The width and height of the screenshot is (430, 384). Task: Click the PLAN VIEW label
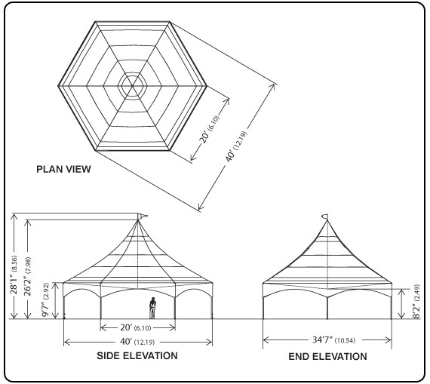click(63, 169)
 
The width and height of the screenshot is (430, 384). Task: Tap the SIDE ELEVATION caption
click(137, 356)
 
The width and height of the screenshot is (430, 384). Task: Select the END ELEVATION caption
click(327, 356)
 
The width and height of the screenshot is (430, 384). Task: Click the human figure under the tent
click(152, 308)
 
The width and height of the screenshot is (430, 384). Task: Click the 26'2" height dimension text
click(28, 285)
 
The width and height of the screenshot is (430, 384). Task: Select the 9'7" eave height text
click(45, 308)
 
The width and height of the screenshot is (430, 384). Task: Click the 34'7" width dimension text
click(323, 339)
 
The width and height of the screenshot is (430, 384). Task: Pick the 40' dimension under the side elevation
click(127, 342)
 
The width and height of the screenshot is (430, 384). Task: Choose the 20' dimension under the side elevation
click(127, 327)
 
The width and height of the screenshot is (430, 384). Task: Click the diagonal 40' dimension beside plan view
click(230, 155)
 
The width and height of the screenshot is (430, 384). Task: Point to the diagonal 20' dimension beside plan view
click(205, 137)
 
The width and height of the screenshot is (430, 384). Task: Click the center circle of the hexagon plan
click(133, 86)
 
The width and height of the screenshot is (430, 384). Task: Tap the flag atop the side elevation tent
click(143, 216)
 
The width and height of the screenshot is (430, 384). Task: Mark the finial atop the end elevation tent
click(326, 217)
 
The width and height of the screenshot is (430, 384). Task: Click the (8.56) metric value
click(14, 263)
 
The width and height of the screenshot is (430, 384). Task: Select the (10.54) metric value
click(345, 341)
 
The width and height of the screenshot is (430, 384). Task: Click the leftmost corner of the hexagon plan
click(58, 86)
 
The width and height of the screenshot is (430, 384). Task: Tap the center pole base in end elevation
click(327, 318)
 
